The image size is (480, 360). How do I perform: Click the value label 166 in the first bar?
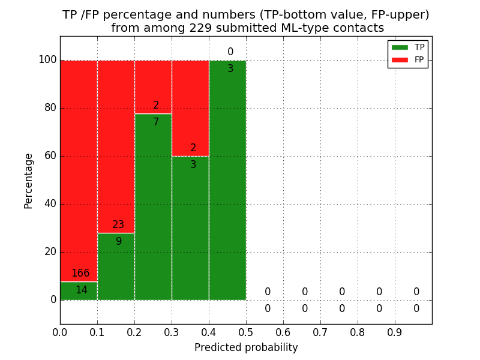[80, 274]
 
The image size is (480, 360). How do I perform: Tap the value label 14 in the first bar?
[81, 290]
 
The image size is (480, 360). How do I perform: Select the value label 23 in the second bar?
[118, 225]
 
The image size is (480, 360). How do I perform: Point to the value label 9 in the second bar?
[119, 242]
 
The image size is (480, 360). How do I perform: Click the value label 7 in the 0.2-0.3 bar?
[156, 122]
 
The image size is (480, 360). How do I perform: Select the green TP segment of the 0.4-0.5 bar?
[227, 180]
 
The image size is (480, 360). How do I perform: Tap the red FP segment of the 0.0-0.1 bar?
[79, 168]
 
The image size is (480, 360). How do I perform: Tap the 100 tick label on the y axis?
[47, 60]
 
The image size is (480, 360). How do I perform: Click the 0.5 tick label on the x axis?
[246, 331]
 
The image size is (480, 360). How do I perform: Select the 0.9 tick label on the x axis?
[395, 331]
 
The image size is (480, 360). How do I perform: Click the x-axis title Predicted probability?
[246, 347]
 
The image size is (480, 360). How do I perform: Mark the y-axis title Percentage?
[29, 181]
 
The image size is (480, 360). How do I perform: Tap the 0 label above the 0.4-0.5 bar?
[230, 52]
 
